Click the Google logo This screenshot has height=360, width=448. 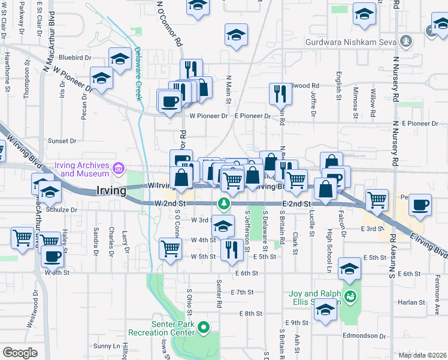coord(20,353)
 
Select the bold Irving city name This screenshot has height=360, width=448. coord(111,191)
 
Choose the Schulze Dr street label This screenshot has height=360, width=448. coord(65,211)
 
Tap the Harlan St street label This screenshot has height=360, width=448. coord(410,302)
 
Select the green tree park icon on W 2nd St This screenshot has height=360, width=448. coord(223,203)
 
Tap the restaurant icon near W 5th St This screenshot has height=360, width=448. coord(232,249)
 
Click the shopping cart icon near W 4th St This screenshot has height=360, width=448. coord(171,248)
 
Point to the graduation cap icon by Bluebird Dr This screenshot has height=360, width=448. coord(120,60)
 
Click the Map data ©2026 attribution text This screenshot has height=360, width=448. coord(422,355)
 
